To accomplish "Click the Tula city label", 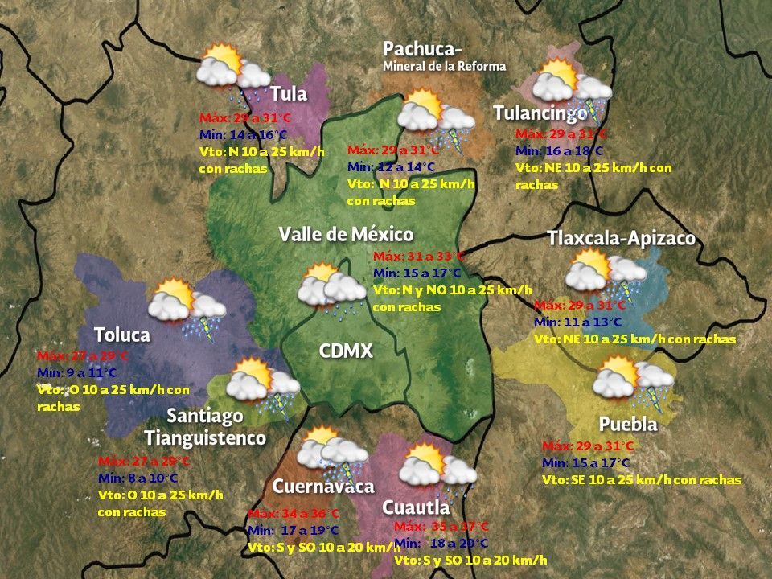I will (x=289, y=94).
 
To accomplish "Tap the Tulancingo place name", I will (x=540, y=113).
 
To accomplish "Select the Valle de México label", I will (x=346, y=234).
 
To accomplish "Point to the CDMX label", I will (x=346, y=351).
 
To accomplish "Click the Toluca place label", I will (x=122, y=335).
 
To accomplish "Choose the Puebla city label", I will (x=628, y=424).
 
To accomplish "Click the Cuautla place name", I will (x=416, y=507).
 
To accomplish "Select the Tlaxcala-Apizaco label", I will (x=621, y=239).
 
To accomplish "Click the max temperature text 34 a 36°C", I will (x=294, y=514).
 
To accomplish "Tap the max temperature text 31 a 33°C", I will (x=419, y=257).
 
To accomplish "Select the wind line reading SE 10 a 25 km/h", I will (x=642, y=479).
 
